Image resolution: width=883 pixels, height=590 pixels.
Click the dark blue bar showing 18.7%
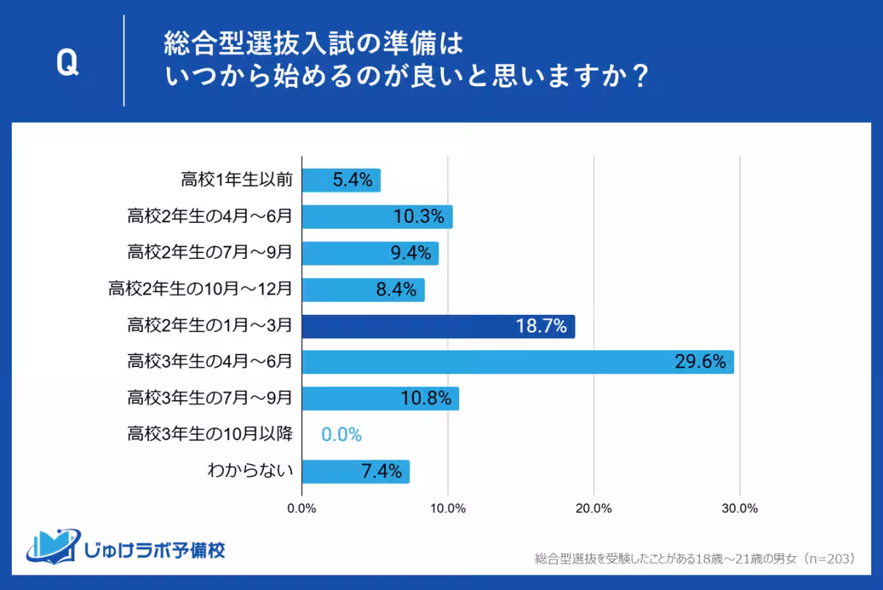point(438,326)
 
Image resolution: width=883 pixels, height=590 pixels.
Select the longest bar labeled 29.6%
point(517,362)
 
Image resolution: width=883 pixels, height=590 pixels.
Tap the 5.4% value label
point(352,180)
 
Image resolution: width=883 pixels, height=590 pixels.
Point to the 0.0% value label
point(341,435)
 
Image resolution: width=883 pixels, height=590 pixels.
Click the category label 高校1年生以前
point(236,180)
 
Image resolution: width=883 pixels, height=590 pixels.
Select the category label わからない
point(251,471)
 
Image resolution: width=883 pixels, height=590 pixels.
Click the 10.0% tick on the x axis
point(447,508)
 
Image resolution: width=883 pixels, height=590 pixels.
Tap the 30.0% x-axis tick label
point(740,508)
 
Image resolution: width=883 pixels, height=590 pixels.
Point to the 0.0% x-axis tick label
point(302,508)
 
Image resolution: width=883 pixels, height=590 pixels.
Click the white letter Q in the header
point(67,64)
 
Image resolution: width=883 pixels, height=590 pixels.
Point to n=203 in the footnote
point(828,559)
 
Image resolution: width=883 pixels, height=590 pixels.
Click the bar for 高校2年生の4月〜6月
point(377,217)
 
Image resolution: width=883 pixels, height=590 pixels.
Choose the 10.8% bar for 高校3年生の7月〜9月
point(380,399)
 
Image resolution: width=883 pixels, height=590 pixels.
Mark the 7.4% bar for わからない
point(355,472)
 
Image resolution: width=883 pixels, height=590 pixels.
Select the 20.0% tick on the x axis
point(594,508)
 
